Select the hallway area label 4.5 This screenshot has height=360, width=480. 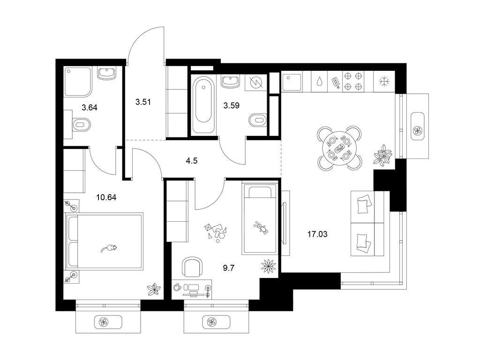pyautogui.click(x=191, y=160)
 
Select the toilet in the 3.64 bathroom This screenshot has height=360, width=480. pyautogui.click(x=81, y=125)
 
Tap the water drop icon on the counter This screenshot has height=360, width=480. pyautogui.click(x=319, y=82)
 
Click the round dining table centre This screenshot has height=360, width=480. pyautogui.click(x=339, y=148)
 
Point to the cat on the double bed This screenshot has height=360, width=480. pyautogui.click(x=109, y=248)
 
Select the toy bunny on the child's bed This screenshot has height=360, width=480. pyautogui.click(x=261, y=228)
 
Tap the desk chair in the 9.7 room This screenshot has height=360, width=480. pyautogui.click(x=193, y=268)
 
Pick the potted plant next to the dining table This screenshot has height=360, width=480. pyautogui.click(x=382, y=155)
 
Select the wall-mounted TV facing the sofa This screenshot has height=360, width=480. pyautogui.click(x=284, y=216)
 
